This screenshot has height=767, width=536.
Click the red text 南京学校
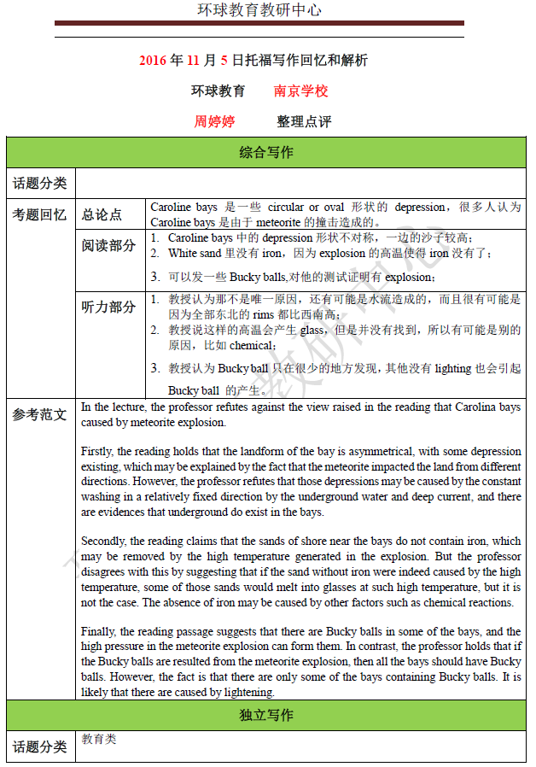(x=300, y=91)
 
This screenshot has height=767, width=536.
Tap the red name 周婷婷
(x=214, y=121)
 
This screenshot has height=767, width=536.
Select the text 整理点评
(x=304, y=121)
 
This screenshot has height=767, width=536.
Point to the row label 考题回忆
(x=39, y=214)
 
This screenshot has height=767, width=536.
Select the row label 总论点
(x=102, y=214)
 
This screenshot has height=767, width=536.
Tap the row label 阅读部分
(x=108, y=246)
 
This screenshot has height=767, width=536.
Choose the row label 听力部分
(x=108, y=307)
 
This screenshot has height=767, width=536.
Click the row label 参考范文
(x=39, y=414)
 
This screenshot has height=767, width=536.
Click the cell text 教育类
(x=99, y=739)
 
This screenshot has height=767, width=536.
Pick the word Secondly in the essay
(x=104, y=541)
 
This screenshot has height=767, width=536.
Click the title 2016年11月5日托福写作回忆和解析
(x=253, y=61)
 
